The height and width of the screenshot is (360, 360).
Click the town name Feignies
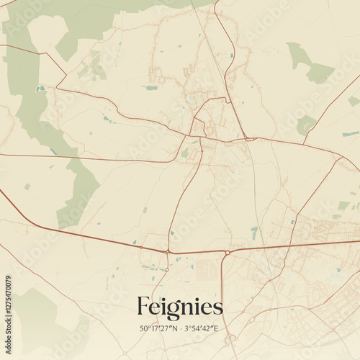(179, 307)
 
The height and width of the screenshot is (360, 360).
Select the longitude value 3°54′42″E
(200, 329)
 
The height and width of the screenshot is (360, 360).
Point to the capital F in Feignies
(143, 307)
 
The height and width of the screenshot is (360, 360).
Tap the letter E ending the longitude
(215, 329)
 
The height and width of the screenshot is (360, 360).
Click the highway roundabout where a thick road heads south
(227, 253)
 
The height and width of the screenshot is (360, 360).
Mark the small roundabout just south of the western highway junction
(167, 269)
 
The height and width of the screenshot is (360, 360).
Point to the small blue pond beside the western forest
(40, 89)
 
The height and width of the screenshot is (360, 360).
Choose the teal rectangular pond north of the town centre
(151, 88)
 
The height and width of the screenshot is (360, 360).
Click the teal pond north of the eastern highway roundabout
(254, 232)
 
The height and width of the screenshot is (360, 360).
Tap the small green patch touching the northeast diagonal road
(305, 124)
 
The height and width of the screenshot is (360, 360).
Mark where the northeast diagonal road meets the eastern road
(337, 156)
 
